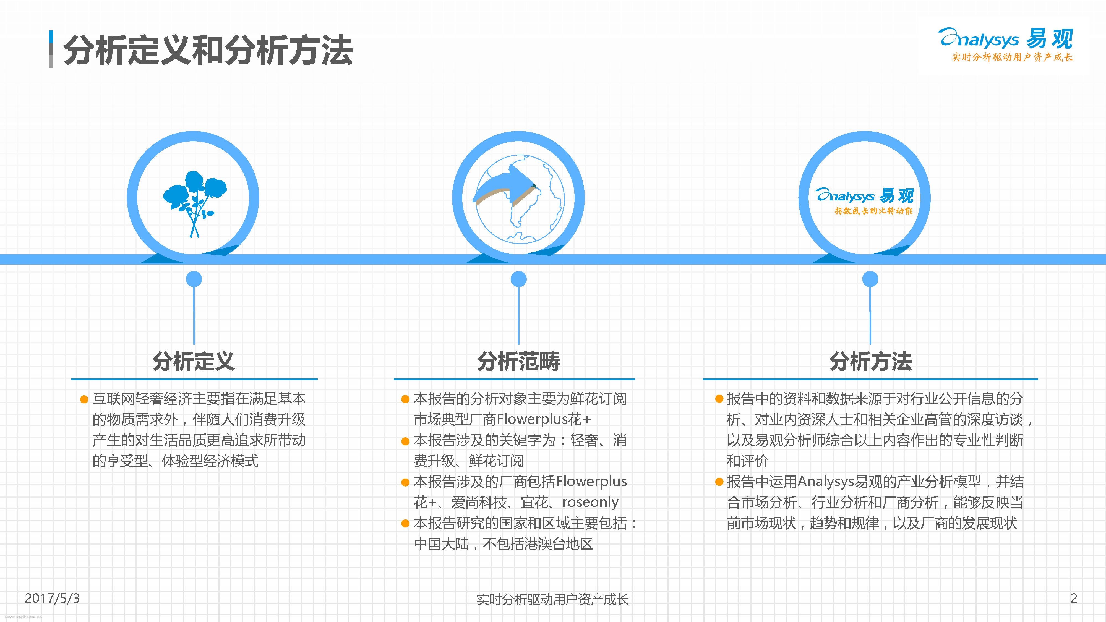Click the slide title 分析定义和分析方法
208,51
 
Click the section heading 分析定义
194,361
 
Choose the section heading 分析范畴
519,361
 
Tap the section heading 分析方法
870,361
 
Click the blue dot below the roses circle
194,279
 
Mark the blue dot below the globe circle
519,279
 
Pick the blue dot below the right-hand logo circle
870,279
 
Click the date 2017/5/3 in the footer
52,598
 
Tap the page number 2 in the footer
1074,598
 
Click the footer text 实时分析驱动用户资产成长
552,599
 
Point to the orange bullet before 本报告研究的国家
405,524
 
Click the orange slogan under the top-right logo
1012,57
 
